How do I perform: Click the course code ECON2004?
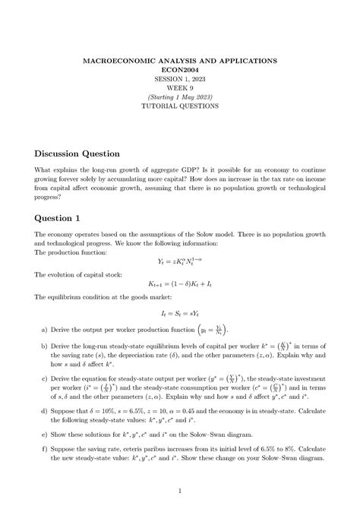(x=180, y=68)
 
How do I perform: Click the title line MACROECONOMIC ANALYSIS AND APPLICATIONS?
(x=180, y=58)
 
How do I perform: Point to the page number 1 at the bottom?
(x=180, y=490)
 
